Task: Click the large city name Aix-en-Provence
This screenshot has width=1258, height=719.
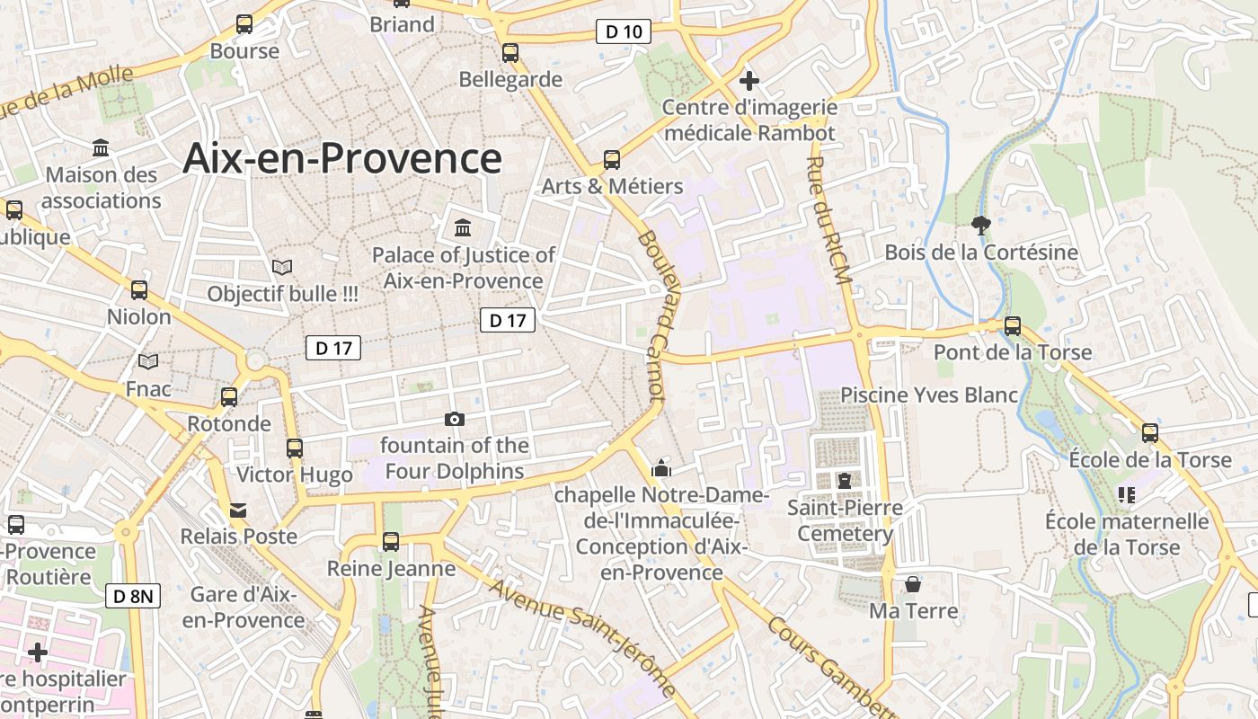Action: coord(341,158)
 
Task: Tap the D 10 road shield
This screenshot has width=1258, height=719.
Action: coord(623,32)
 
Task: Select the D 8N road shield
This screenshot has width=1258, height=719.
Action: coord(133,596)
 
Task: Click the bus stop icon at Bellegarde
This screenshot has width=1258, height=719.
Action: coord(510,53)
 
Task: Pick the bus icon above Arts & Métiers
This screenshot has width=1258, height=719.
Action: coord(612,160)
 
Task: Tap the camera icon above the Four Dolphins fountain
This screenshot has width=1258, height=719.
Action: coord(455,419)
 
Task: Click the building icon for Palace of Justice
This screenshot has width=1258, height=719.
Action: coord(463,226)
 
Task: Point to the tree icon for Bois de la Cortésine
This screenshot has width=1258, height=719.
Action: coord(981,226)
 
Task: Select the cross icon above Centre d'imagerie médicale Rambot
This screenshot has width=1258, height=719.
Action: coord(749,81)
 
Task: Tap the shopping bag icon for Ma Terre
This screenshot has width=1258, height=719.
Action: coord(913,584)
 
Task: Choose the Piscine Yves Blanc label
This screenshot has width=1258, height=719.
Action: coord(929,395)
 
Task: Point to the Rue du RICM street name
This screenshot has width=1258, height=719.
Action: coord(828,221)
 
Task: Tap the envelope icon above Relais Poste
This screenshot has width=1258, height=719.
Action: coord(238,510)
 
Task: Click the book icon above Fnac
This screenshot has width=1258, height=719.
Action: coord(148,361)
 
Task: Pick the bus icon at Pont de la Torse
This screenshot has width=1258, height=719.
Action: coord(1013,326)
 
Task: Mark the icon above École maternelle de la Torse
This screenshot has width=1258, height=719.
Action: coord(1127,494)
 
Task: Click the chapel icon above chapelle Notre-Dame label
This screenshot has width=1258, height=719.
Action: coord(661,467)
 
